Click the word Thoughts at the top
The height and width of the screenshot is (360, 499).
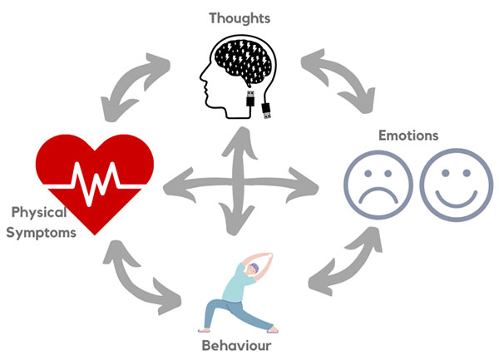tap(240, 16)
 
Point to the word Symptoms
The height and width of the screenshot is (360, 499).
tap(42, 233)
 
